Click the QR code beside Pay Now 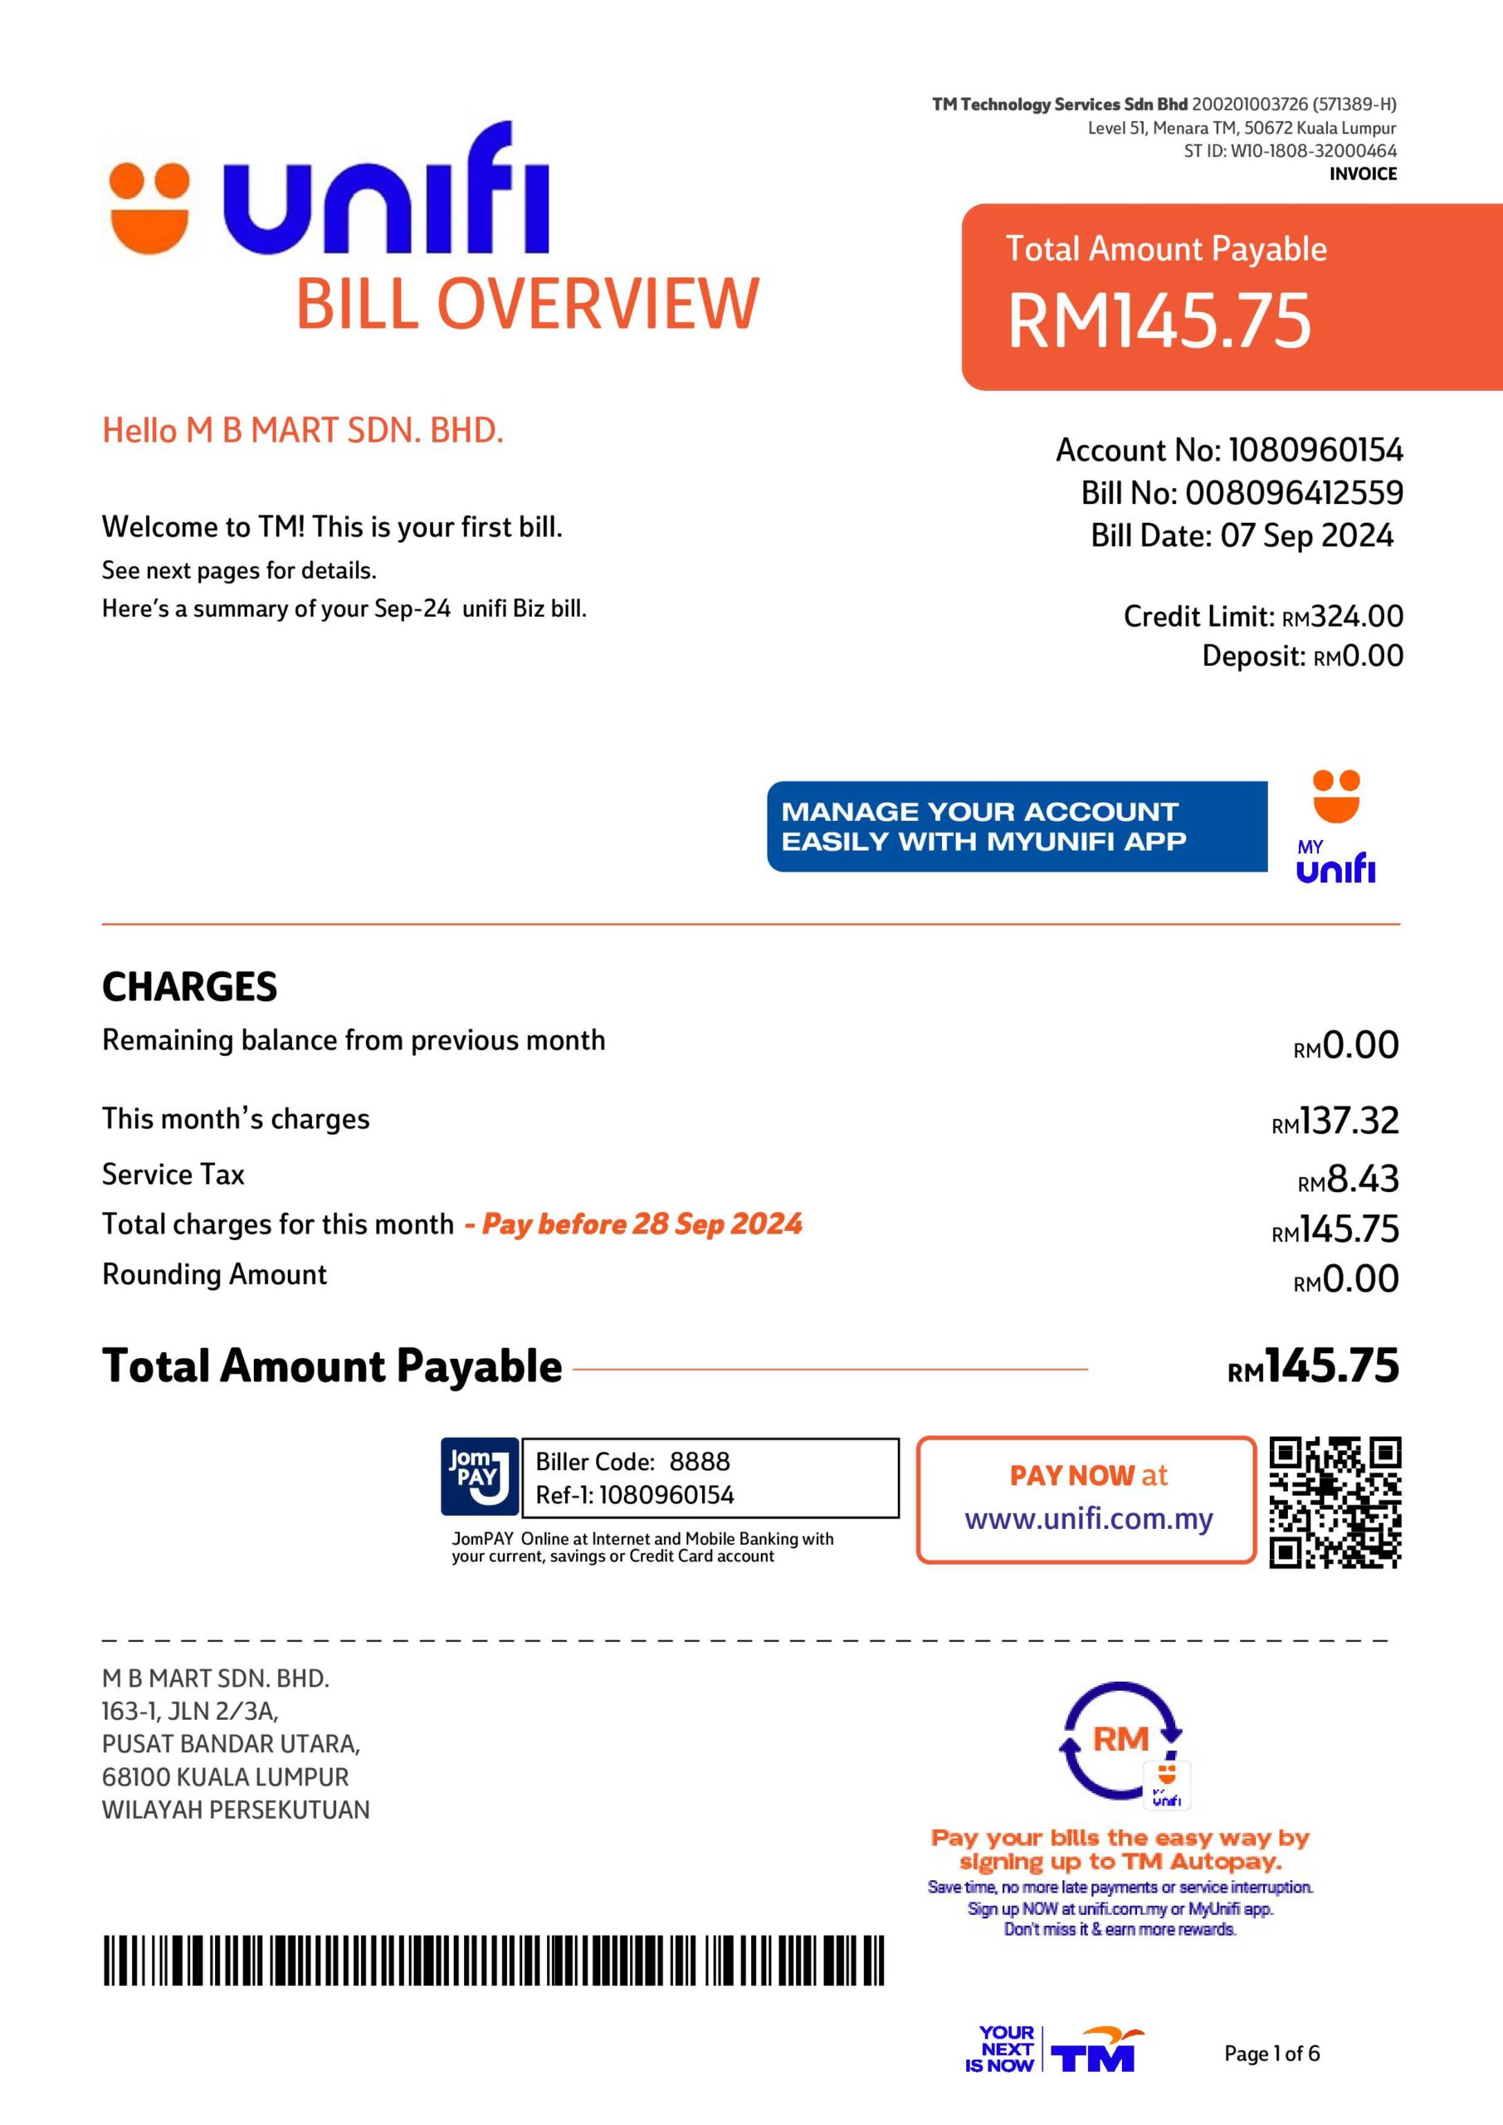1334,1502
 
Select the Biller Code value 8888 699,1462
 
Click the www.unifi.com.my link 1087,1519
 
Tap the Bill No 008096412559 1294,492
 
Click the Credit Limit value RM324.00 1341,617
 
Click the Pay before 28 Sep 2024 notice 634,1224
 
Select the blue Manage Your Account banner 1016,826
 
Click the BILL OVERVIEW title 527,304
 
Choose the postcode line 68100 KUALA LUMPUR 225,1777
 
